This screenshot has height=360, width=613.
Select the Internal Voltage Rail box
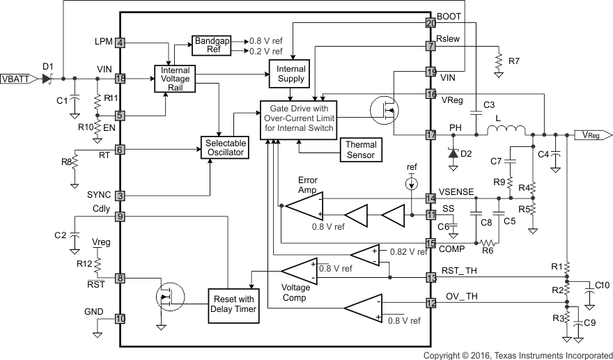pyautogui.click(x=175, y=79)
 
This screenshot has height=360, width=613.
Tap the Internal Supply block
pyautogui.click(x=291, y=74)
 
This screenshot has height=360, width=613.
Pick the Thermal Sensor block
pyautogui.click(x=360, y=149)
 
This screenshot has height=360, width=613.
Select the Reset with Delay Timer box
pyautogui.click(x=232, y=304)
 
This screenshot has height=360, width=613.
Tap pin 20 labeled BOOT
pyautogui.click(x=430, y=23)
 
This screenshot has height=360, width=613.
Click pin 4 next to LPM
pyautogui.click(x=120, y=43)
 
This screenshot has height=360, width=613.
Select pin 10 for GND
pyautogui.click(x=120, y=318)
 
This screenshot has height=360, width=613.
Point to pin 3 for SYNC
pyautogui.click(x=120, y=196)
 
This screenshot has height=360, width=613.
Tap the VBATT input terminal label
pyautogui.click(x=15, y=79)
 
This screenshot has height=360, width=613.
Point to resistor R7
pyautogui.click(x=499, y=62)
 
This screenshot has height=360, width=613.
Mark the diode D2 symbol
pyautogui.click(x=453, y=153)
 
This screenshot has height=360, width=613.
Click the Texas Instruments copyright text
pyautogui.click(x=517, y=354)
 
